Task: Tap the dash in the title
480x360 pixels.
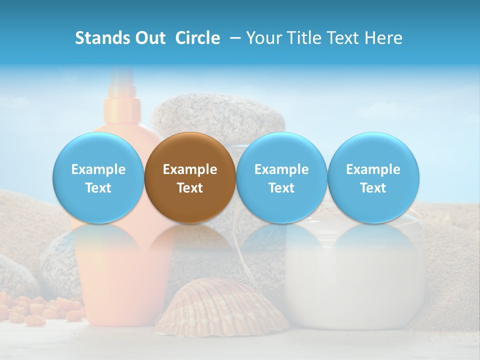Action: tap(233, 38)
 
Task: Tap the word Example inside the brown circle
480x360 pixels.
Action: tap(190, 169)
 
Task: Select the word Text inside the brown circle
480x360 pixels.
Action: tap(190, 188)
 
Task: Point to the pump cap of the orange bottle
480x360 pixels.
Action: tap(120, 100)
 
